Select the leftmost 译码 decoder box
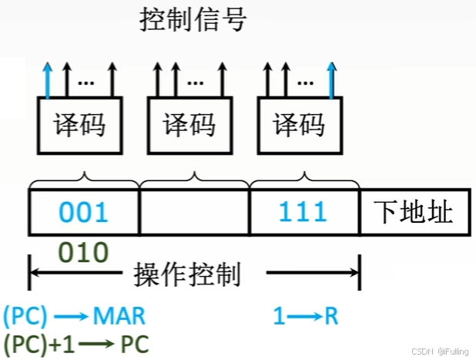pyautogui.click(x=79, y=125)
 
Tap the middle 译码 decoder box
pyautogui.click(x=189, y=125)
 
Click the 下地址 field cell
pyautogui.click(x=416, y=212)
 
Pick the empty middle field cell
pyautogui.click(x=194, y=212)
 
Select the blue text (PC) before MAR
pyautogui.click(x=26, y=315)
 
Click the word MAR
pyautogui.click(x=119, y=315)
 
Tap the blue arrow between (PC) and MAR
pyautogui.click(x=71, y=316)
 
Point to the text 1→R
pyautogui.click(x=306, y=315)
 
